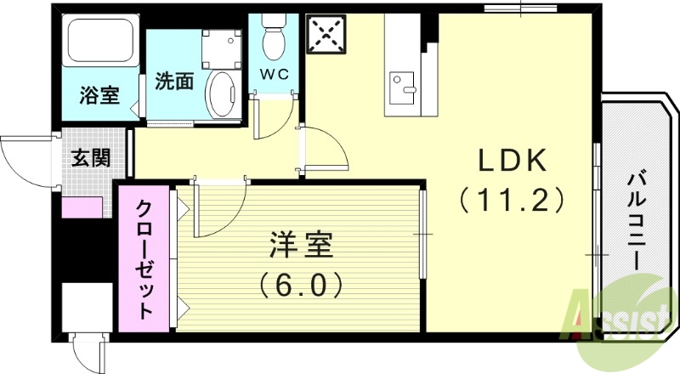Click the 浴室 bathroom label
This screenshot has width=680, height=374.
(x=99, y=95)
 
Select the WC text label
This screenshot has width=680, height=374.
(x=275, y=74)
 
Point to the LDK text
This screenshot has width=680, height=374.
(x=513, y=160)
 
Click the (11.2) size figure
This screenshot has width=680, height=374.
(x=513, y=200)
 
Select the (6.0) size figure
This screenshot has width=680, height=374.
(x=301, y=283)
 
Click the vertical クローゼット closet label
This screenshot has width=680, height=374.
(x=144, y=260)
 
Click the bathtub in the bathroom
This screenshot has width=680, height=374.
(x=101, y=43)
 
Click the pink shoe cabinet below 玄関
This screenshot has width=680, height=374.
(x=83, y=207)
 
